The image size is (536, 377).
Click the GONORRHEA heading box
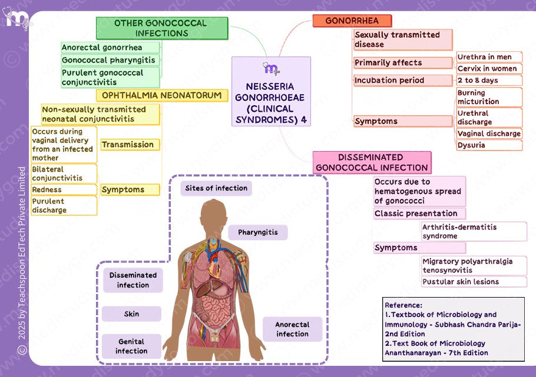tap(352, 21)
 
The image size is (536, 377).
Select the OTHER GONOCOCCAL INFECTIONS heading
tap(161, 28)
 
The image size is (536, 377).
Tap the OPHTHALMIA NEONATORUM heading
tap(161, 95)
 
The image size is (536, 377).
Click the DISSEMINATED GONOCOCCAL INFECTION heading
tap(372, 162)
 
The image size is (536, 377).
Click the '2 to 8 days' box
tap(489, 80)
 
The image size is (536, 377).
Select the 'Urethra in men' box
tap(489, 57)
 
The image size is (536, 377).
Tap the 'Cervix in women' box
tap(489, 68)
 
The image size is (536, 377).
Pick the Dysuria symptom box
tap(489, 145)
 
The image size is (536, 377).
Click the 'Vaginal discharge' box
tap(489, 134)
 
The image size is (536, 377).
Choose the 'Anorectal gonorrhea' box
tap(110, 48)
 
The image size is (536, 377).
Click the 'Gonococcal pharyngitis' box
tap(110, 60)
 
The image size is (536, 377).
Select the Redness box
tap(64, 190)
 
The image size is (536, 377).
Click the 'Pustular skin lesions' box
tap(474, 282)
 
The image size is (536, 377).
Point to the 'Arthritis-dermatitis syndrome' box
tap(474, 231)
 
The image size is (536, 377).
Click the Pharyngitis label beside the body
tap(258, 232)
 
